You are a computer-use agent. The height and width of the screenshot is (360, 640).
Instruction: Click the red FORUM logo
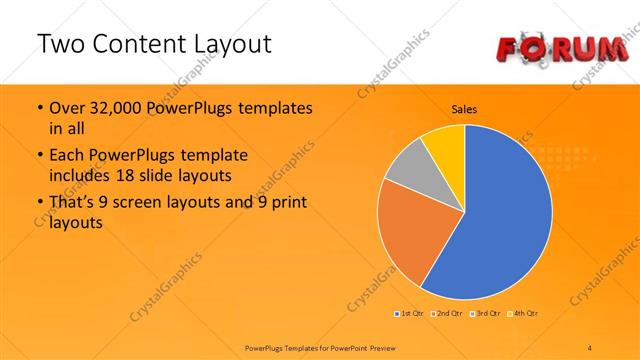click(x=561, y=46)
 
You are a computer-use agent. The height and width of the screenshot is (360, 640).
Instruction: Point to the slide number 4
click(x=590, y=347)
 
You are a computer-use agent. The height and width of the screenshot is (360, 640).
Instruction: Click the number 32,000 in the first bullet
click(x=111, y=108)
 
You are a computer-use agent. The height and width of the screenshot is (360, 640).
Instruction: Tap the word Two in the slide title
click(x=60, y=44)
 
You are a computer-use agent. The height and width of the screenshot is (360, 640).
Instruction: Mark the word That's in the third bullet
click(x=73, y=204)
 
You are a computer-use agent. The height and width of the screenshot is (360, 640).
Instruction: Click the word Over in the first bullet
click(x=67, y=108)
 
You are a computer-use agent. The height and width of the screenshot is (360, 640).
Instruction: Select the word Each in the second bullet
click(x=66, y=156)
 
